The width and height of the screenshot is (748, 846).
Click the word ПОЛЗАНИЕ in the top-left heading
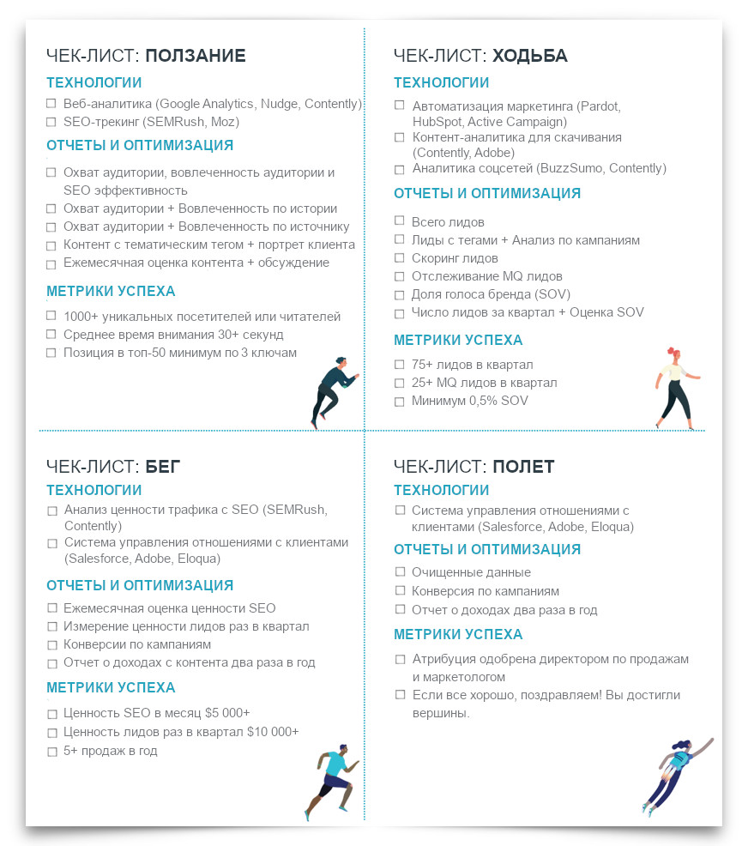click(x=195, y=57)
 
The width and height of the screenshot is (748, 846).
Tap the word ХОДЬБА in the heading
click(x=529, y=57)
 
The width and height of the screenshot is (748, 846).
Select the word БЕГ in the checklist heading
click(x=162, y=467)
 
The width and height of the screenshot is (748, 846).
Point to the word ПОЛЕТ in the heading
click(x=523, y=467)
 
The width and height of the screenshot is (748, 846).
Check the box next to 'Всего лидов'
click(x=400, y=222)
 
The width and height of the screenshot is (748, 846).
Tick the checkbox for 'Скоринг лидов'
click(x=400, y=258)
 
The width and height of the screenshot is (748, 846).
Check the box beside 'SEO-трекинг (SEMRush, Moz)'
click(x=51, y=122)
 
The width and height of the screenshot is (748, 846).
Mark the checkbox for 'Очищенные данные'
click(x=400, y=572)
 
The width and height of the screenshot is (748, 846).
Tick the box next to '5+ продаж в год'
click(x=51, y=752)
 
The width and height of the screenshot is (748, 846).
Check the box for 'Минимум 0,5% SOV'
click(x=400, y=402)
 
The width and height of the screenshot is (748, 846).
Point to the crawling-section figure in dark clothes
click(x=331, y=390)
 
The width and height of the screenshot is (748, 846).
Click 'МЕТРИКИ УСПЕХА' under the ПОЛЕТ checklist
click(x=458, y=635)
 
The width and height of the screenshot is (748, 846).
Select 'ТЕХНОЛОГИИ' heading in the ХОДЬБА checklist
click(x=441, y=83)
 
